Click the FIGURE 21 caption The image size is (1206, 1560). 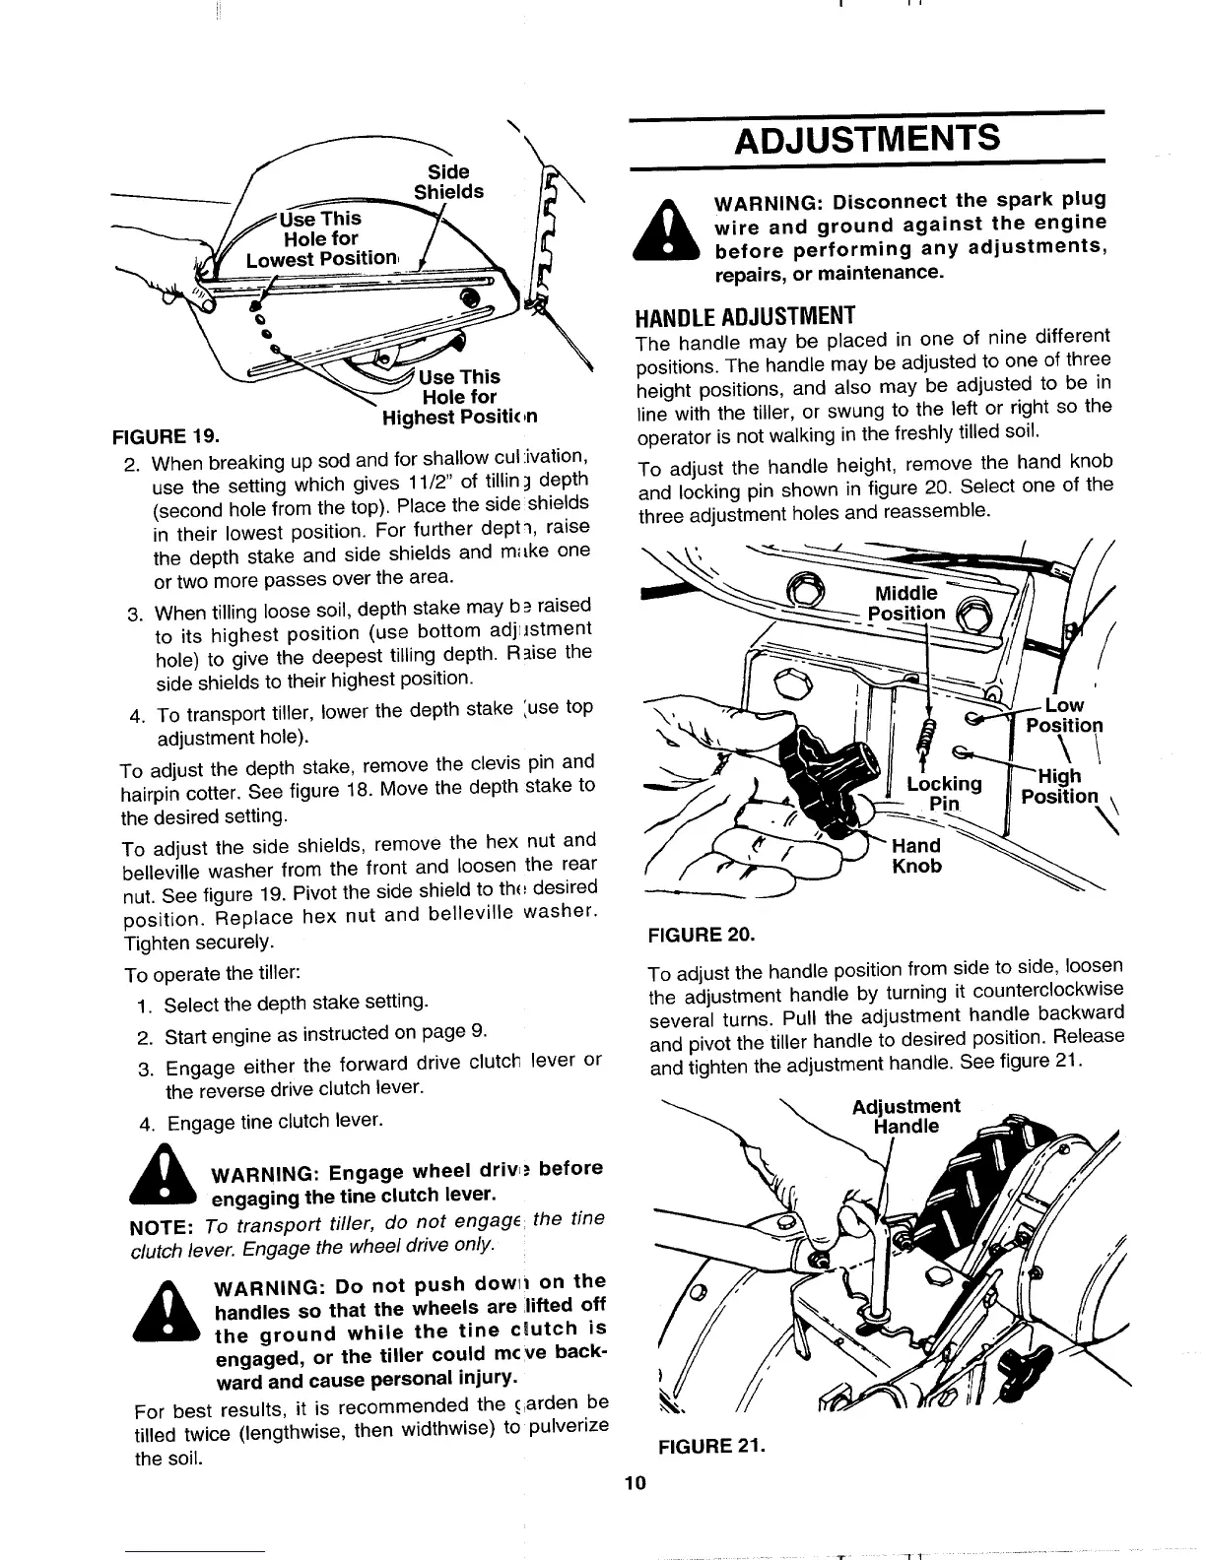pos(707,1447)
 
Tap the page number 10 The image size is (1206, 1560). pos(633,1484)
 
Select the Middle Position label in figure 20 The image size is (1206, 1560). pos(905,603)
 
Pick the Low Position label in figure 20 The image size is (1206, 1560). pos(1064,715)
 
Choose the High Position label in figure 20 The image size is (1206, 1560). pos(1059,786)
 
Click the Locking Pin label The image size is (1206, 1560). pos(944,794)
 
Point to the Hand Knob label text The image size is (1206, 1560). pos(915,856)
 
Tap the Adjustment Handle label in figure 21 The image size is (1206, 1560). pos(905,1115)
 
